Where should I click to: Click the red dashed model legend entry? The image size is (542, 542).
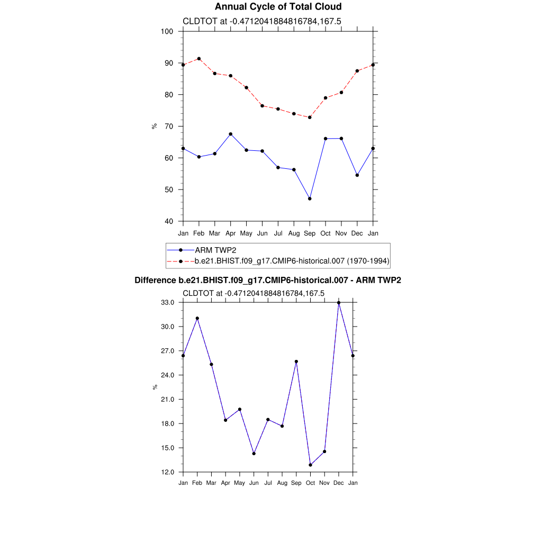click(292, 260)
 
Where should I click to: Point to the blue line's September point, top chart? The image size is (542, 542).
click(310, 198)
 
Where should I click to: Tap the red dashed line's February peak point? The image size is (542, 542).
click(198, 59)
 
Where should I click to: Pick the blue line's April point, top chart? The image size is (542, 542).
click(230, 134)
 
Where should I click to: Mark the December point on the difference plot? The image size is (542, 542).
click(339, 303)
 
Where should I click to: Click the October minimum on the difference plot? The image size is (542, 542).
click(310, 465)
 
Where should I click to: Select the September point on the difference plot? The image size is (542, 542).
click(296, 362)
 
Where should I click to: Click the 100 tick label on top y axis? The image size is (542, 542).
click(167, 31)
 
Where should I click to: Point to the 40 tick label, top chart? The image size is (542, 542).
click(169, 221)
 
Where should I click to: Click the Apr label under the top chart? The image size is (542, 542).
click(230, 233)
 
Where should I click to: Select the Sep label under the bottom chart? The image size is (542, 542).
click(296, 483)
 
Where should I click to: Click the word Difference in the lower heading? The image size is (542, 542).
click(156, 281)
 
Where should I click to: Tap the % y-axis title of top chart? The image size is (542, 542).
click(155, 126)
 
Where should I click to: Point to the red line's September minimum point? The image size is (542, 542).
click(310, 117)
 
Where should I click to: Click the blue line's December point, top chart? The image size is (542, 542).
click(357, 175)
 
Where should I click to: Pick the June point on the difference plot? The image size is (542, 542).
click(254, 454)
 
